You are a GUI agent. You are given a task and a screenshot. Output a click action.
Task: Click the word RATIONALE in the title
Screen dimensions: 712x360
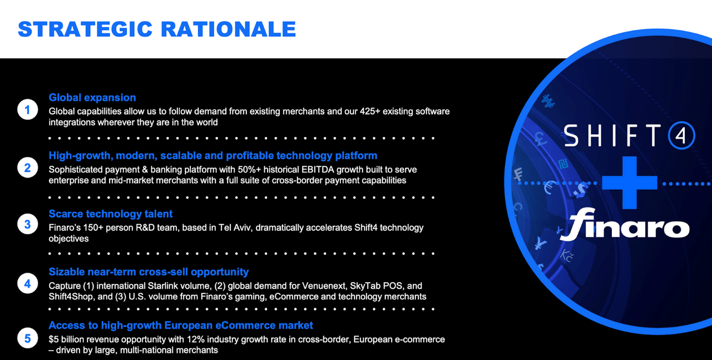click(228, 29)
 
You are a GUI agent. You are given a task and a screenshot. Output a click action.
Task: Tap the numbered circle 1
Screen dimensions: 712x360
click(28, 110)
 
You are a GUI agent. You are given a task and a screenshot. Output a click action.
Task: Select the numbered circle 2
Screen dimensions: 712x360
click(28, 167)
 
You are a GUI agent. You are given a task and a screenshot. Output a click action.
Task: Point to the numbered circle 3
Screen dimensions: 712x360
click(28, 224)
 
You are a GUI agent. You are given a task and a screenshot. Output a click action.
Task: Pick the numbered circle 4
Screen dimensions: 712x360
click(28, 283)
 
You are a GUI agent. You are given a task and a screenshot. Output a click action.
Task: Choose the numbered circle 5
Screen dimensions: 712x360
click(28, 338)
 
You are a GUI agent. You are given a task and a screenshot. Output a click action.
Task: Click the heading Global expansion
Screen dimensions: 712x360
click(92, 97)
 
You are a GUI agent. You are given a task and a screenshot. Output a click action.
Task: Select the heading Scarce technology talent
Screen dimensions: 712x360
click(111, 214)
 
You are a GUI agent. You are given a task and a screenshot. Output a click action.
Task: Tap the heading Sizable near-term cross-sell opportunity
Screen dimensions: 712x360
click(149, 272)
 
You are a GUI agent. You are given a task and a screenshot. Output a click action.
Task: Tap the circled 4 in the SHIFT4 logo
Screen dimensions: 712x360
click(681, 135)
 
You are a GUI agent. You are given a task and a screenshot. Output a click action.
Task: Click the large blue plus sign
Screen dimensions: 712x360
click(630, 183)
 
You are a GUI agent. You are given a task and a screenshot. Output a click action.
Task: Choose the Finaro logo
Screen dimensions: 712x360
click(625, 224)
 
